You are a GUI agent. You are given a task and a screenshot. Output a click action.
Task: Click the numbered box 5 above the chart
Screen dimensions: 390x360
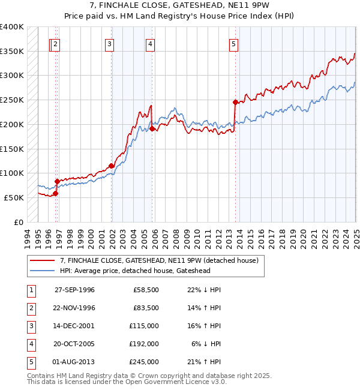pos(233,43)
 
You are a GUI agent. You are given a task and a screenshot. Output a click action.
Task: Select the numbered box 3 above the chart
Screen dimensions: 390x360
pos(110,43)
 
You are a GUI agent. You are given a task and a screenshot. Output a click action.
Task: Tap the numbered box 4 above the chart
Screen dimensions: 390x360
pos(149,43)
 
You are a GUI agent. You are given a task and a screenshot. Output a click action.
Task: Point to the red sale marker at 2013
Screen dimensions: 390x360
pos(235,102)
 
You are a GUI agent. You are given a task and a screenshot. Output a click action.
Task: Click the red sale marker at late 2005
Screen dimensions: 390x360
pos(152,128)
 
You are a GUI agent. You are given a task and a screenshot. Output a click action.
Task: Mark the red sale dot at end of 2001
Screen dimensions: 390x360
pos(112,166)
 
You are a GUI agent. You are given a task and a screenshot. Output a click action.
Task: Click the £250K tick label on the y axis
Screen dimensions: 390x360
pos(12,100)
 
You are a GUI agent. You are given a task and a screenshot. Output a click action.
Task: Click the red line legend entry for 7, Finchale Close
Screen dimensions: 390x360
pos(158,260)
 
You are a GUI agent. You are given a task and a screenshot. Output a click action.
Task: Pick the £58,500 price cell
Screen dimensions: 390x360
pos(146,290)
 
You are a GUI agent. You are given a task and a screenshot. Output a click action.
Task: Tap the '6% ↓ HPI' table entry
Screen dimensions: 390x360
pos(206,344)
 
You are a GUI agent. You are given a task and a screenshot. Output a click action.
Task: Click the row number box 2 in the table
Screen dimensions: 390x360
pos(31,308)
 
